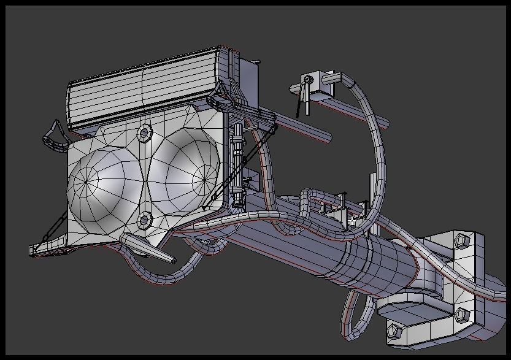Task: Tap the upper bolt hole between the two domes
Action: (145, 131)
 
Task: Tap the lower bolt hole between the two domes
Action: (145, 220)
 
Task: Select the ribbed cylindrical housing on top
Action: (141, 90)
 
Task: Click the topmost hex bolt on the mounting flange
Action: (459, 241)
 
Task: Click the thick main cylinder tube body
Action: (368, 264)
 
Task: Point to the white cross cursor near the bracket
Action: (352, 220)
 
